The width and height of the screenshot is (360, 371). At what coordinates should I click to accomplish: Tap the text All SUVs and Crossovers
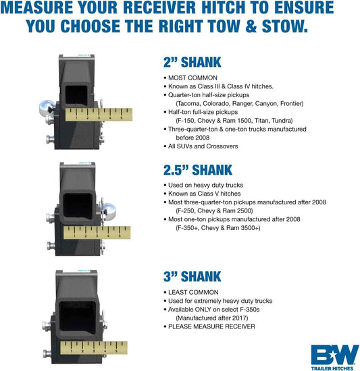203,146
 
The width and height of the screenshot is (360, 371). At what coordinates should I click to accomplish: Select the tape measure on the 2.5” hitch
95,233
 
